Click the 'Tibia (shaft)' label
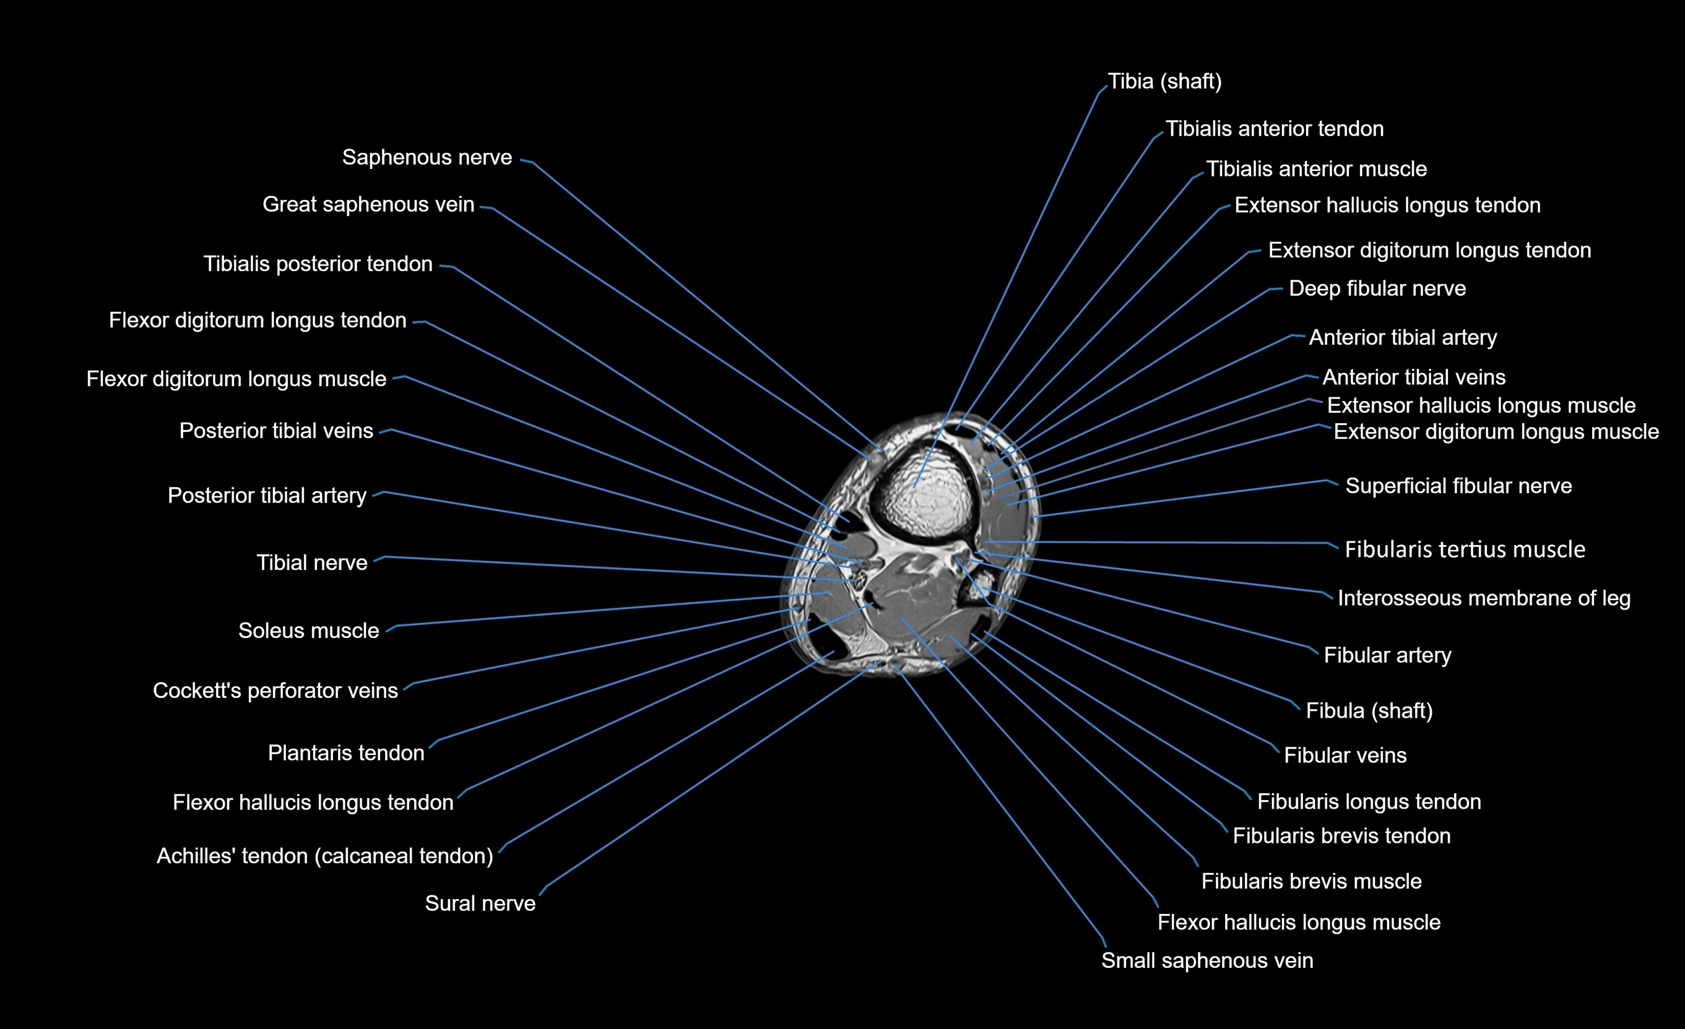1164,81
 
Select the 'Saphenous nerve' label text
427,157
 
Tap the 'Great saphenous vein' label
368,204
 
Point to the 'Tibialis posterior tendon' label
318,264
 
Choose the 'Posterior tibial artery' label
267,495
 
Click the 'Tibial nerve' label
312,562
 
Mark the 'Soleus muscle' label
308,631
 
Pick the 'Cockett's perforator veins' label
275,691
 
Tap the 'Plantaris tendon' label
346,753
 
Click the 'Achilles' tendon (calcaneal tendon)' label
325,856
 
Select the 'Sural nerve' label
480,903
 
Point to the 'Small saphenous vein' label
1207,961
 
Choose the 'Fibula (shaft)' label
1369,710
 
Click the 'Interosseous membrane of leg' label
1484,598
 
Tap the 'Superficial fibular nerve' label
1458,486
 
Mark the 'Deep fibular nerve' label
1377,288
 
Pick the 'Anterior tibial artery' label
1403,337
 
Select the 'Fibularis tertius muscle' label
1465,549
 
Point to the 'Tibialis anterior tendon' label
1274,129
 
